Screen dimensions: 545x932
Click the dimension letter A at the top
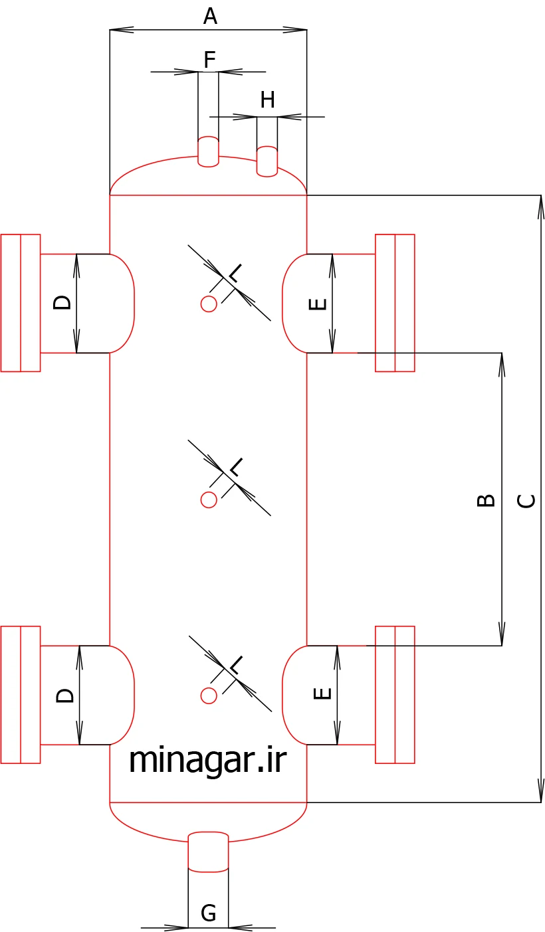point(210,17)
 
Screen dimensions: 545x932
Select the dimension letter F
point(210,60)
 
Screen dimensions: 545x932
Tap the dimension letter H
point(267,100)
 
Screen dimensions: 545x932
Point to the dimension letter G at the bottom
point(208,913)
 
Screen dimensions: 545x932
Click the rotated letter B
point(485,500)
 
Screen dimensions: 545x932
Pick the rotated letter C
point(526,501)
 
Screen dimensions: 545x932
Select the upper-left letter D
point(62,302)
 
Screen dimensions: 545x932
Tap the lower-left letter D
point(65,696)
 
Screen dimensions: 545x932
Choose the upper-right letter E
point(317,304)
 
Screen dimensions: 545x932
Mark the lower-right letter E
point(322,693)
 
